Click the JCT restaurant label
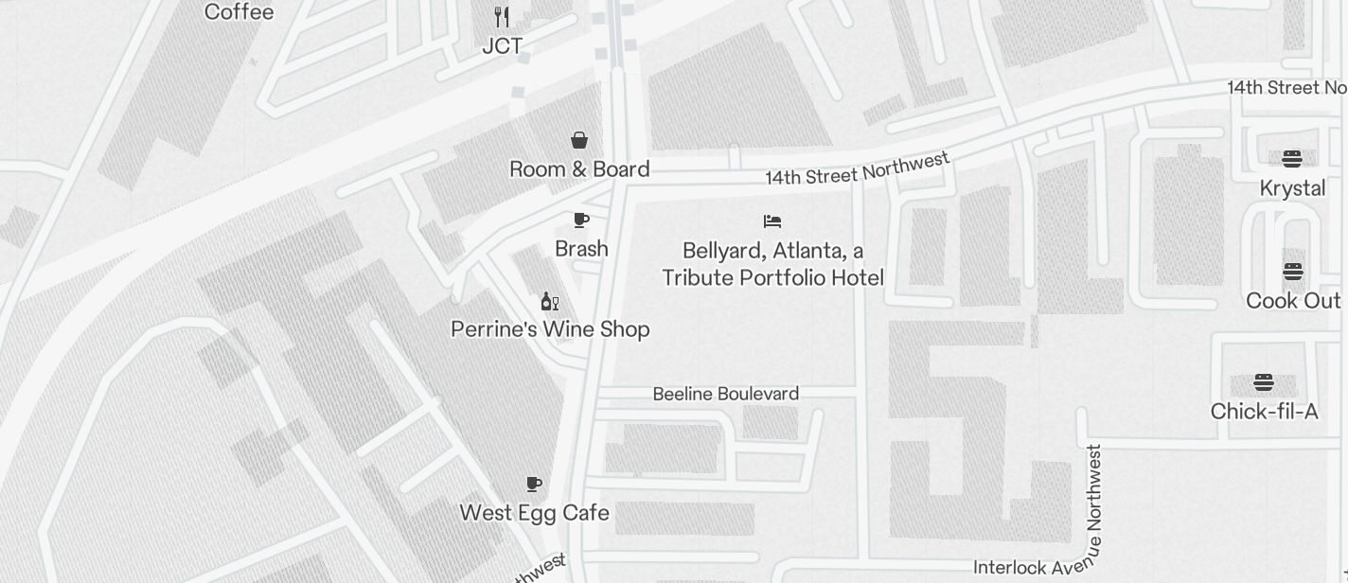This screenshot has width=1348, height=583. coord(502,46)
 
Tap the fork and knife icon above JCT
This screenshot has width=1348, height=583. coord(502,17)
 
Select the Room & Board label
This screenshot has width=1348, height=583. coord(579,169)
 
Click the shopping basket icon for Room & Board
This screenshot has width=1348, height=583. coord(579,141)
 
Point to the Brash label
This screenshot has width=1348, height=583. coord(581,249)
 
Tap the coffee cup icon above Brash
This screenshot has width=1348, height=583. coord(581,221)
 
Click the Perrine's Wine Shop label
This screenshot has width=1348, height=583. coord(550,329)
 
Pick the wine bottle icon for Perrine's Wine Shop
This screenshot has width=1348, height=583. coord(549,302)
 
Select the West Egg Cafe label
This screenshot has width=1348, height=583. coord(534,513)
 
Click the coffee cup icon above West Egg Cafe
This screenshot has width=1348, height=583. coord(534,485)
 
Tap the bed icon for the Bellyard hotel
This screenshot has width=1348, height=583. coord(772,221)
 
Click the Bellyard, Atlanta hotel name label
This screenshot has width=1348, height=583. coord(772,264)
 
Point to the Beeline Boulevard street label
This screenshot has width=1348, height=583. coord(726,394)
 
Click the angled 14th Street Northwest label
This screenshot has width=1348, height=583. coord(857,169)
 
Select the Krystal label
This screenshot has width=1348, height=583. coord(1292,188)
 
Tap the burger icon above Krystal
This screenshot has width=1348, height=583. coord(1292,158)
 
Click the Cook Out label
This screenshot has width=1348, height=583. coord(1293,301)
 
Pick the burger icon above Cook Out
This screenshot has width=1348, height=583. coord(1293,272)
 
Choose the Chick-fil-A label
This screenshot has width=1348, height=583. coord(1264,412)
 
